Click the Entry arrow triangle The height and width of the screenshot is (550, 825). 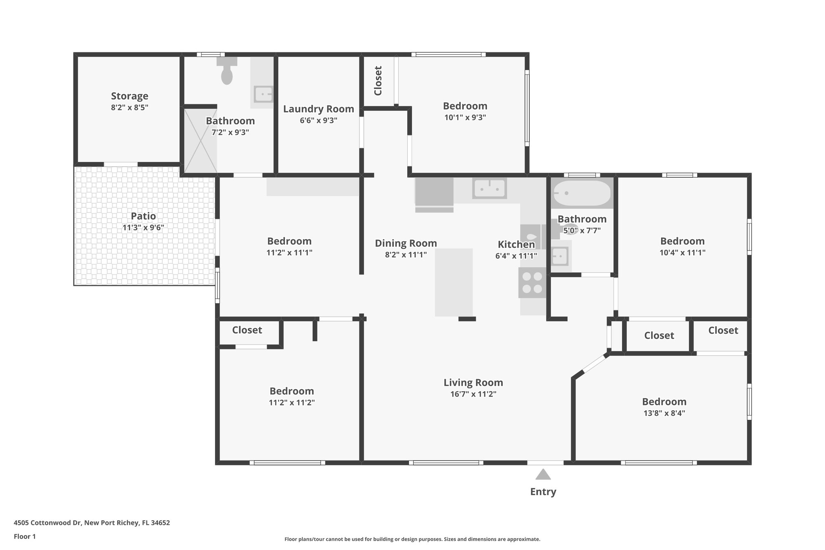pos(543,475)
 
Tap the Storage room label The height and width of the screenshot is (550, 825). pos(129,96)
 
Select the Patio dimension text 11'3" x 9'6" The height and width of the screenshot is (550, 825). pos(143,228)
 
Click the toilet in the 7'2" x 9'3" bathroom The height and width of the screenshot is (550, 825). pos(227,73)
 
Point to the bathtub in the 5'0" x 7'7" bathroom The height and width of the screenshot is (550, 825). pos(582,194)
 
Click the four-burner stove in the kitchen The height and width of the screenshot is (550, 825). pos(532,283)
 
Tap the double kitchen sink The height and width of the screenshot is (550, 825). pos(489,188)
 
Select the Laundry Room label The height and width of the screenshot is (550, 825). pos(318,109)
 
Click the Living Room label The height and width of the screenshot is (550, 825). pos(473,382)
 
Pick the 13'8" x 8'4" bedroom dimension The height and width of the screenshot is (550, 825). pos(664,413)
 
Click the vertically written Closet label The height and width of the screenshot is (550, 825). pos(378,81)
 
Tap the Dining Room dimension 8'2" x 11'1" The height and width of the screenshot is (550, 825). pos(406,255)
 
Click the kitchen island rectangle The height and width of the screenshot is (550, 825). pos(454,282)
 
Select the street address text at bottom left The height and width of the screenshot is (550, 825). pos(92,523)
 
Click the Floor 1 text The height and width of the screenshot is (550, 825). pos(25,536)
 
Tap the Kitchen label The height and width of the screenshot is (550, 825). pos(516,245)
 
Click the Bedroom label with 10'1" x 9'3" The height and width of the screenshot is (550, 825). pos(465,106)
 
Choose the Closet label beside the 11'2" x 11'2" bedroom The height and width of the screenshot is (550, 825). pos(247,330)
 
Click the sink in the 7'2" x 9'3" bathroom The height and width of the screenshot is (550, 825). pos(263,94)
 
